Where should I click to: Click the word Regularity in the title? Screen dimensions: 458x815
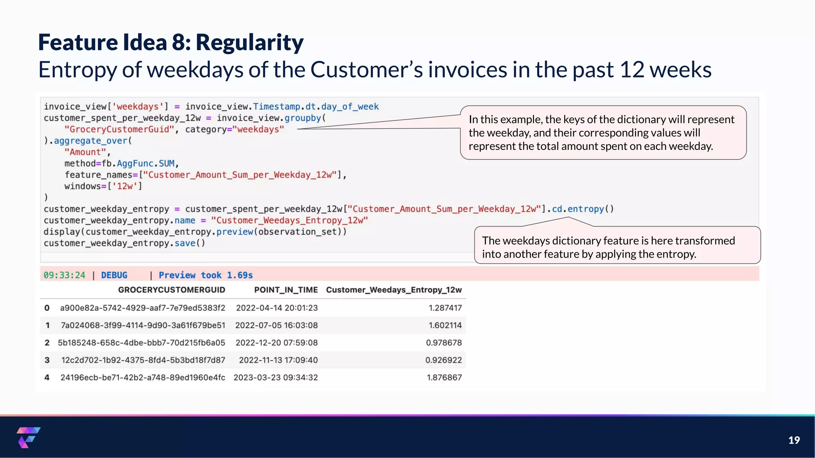tap(250, 43)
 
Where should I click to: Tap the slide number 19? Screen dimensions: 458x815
tap(794, 440)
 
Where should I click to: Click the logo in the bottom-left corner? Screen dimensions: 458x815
tap(28, 437)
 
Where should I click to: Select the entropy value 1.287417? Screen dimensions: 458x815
tap(445, 308)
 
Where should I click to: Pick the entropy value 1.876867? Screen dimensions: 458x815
tap(444, 377)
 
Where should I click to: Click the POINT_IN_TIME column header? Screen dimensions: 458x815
tap(286, 290)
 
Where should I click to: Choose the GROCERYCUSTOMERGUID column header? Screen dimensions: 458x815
tap(172, 290)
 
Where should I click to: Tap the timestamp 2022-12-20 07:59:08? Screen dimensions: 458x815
tap(277, 343)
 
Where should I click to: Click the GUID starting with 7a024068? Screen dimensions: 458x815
tap(143, 325)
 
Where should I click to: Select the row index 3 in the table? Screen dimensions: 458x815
tap(47, 360)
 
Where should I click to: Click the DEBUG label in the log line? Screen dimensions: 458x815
tap(114, 275)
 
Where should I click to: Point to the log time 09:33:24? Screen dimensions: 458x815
tap(64, 275)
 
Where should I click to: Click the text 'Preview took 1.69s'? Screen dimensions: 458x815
tap(205, 275)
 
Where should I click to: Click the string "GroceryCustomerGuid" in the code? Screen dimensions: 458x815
tap(119, 129)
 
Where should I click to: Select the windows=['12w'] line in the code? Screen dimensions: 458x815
tap(103, 186)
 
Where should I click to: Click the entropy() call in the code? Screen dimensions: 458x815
tap(590, 209)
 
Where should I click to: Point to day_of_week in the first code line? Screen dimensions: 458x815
tap(350, 107)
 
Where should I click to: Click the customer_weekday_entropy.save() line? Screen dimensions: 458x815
tap(124, 243)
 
